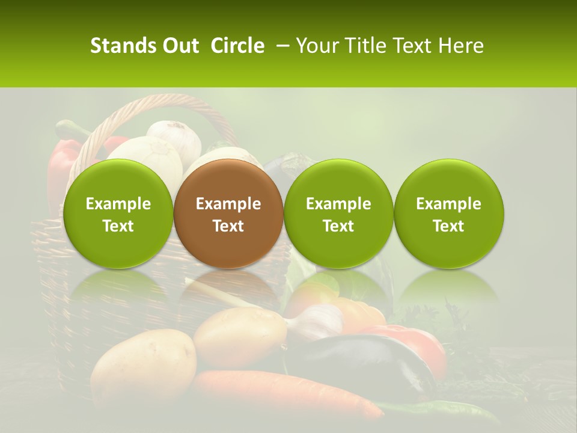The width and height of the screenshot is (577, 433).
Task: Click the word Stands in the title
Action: (x=119, y=46)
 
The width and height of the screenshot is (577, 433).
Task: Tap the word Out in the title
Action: (x=179, y=46)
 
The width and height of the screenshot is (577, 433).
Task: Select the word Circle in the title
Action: (x=237, y=46)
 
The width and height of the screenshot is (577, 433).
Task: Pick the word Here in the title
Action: (x=462, y=46)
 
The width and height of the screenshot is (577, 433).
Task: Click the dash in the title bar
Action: (x=280, y=46)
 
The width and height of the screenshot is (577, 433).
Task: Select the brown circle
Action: (x=228, y=213)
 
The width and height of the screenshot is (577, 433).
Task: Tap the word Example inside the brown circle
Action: (x=228, y=204)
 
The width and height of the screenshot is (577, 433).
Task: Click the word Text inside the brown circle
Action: (x=228, y=226)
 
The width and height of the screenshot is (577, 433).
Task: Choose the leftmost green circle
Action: (x=118, y=213)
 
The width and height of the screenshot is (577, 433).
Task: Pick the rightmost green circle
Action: (x=449, y=213)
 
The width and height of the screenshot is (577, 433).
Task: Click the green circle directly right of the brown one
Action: (x=338, y=213)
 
